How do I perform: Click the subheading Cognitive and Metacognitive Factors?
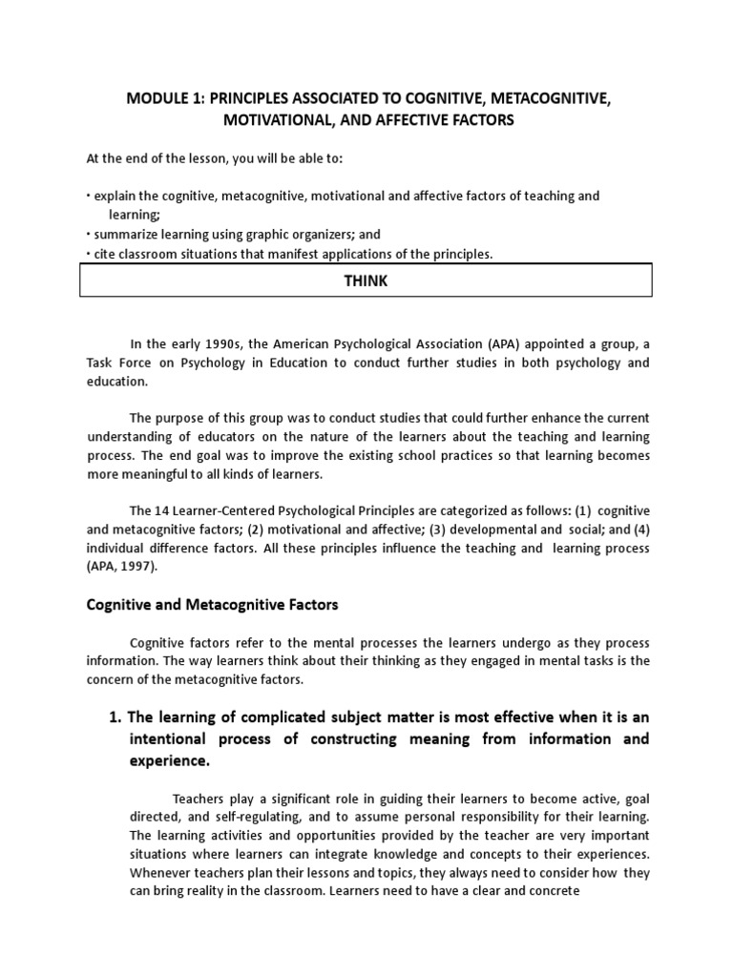click(212, 605)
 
